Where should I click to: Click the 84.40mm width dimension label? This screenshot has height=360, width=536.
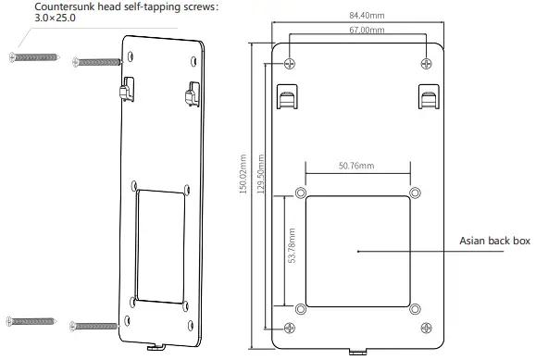(x=355, y=15)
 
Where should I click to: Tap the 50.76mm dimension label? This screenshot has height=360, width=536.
(x=355, y=166)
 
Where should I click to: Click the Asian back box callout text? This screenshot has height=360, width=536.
(x=494, y=241)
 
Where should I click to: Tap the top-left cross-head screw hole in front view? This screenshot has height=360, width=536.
(x=292, y=64)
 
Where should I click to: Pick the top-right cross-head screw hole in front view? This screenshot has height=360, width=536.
(x=426, y=64)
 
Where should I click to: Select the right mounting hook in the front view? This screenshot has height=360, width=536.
(x=429, y=95)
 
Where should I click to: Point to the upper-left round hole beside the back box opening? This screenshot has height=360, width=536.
(x=300, y=193)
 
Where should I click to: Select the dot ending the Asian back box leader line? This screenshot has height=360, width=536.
(x=358, y=249)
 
